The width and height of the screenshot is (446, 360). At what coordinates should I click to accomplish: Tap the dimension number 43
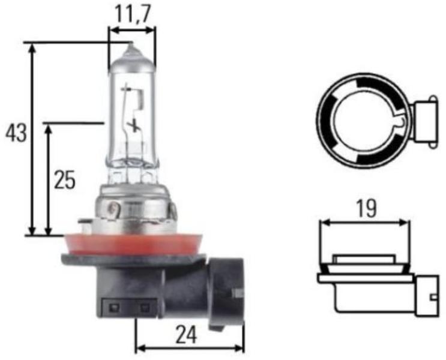pyautogui.click(x=16, y=133)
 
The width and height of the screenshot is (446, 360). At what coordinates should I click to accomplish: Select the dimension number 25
pyautogui.click(x=65, y=180)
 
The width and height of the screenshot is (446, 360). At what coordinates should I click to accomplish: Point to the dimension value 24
pyautogui.click(x=186, y=335)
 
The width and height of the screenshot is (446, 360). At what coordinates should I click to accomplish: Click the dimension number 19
pyautogui.click(x=366, y=208)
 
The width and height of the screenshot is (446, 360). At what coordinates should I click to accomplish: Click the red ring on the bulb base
pyautogui.click(x=134, y=245)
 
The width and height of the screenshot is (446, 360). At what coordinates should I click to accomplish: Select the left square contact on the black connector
pyautogui.click(x=115, y=307)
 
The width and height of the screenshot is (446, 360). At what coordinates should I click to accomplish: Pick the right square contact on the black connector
pyautogui.click(x=145, y=307)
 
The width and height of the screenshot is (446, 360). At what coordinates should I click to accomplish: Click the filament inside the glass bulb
pyautogui.click(x=131, y=107)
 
